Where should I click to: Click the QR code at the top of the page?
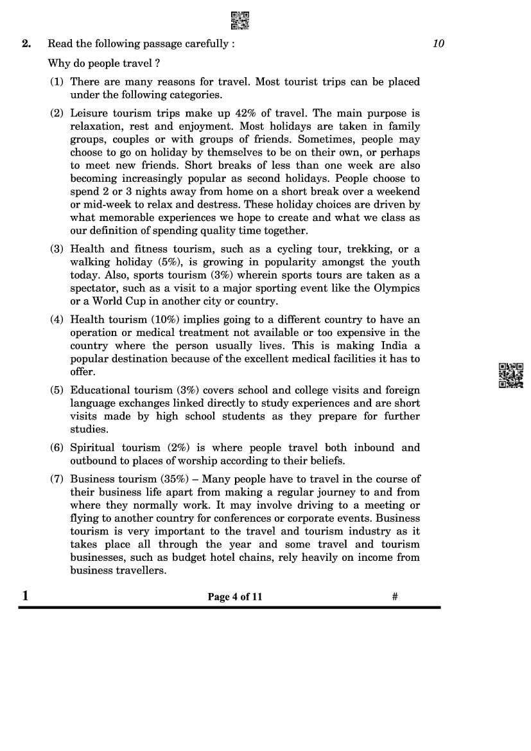point(239,21)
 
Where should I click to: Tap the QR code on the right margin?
point(510,375)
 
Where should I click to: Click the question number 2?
point(26,44)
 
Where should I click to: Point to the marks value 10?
point(439,44)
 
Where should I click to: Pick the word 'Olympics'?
point(397,288)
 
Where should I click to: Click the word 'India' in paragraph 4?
point(393,346)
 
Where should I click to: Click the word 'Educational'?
point(99,390)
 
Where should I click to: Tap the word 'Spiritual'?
point(92,447)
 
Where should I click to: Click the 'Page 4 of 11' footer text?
point(234,597)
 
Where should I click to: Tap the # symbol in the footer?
point(395,597)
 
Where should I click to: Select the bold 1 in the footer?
point(25,596)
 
